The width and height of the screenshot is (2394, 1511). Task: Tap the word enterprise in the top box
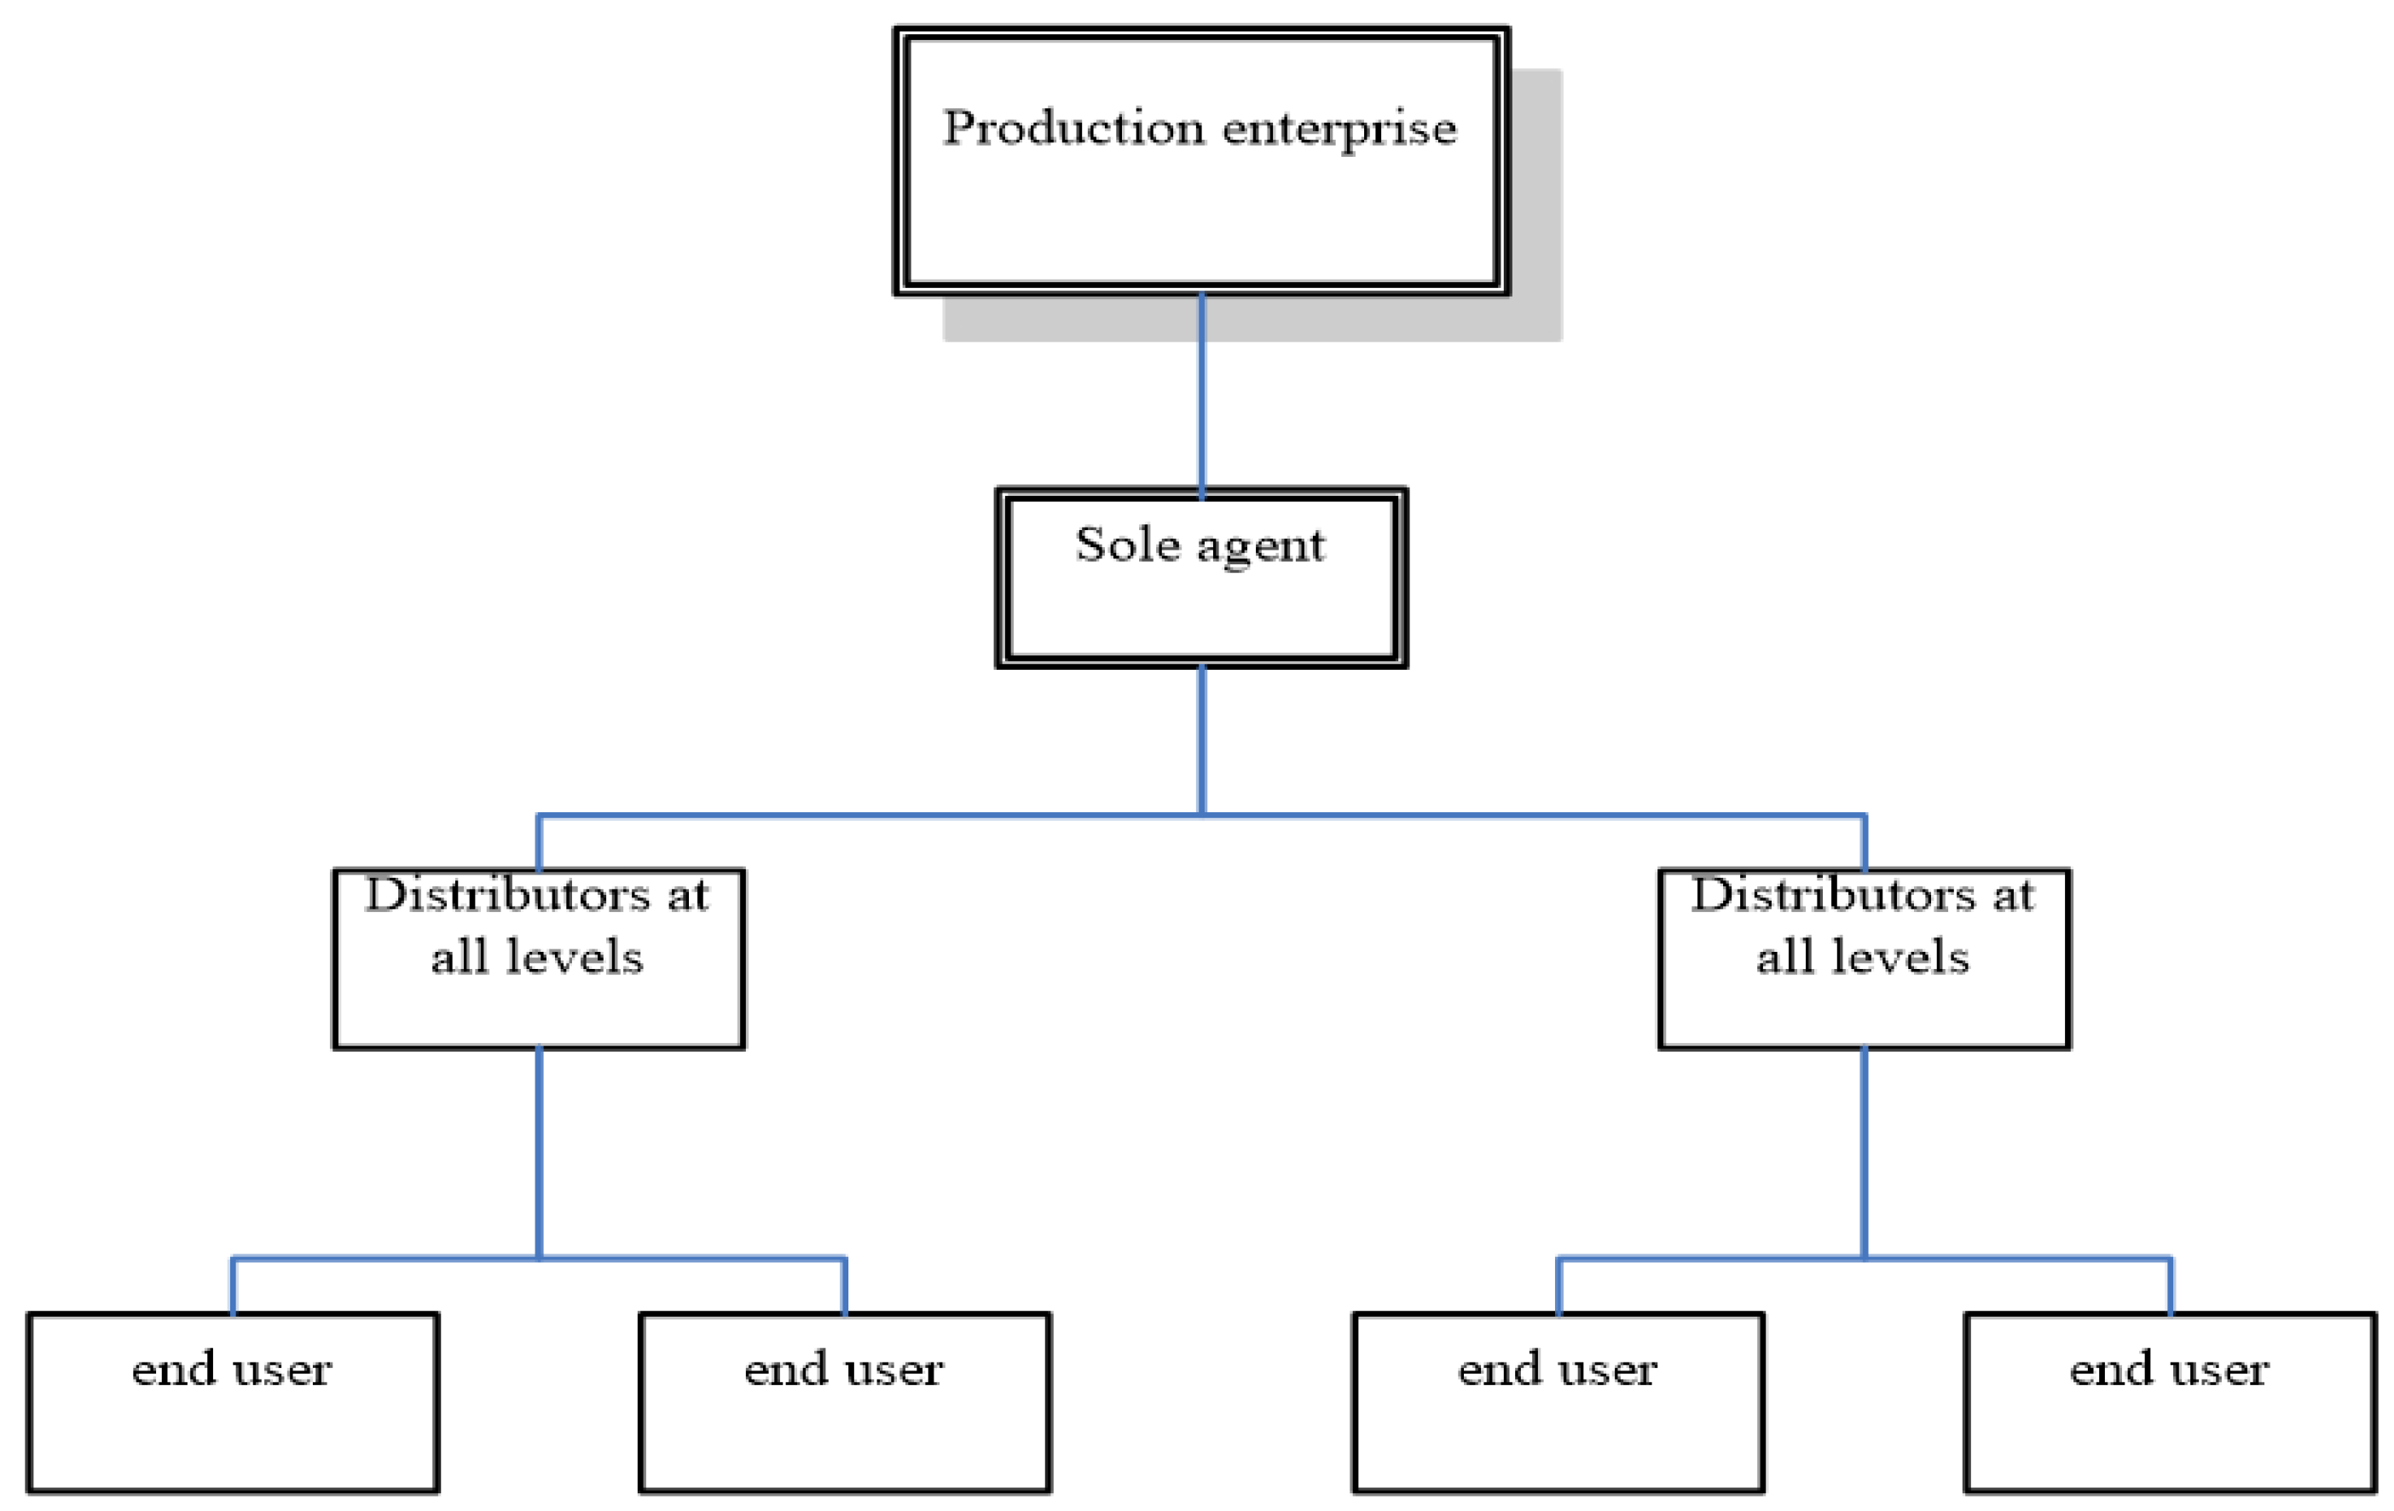1339,130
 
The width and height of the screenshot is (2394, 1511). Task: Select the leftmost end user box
233,1432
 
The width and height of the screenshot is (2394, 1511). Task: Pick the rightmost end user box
2171,1432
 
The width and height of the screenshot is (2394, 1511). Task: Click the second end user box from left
844,1432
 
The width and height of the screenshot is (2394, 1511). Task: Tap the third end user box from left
1558,1432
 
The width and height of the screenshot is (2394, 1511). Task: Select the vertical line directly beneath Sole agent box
1202,741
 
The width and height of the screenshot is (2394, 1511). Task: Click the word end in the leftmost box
173,1370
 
